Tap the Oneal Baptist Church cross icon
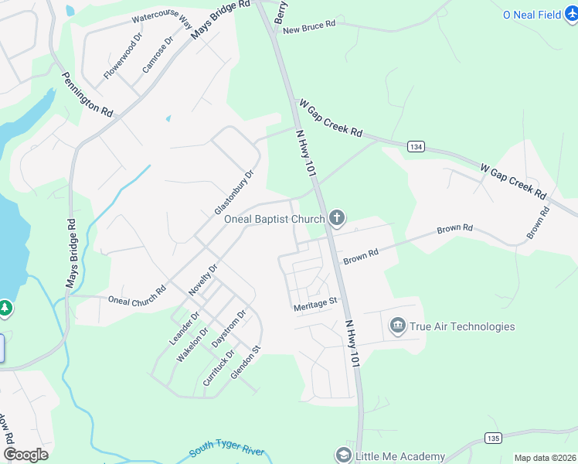tap(336, 219)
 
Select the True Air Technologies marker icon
tap(398, 326)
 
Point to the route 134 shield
tap(416, 146)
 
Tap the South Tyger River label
tap(227, 452)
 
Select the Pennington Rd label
tap(87, 95)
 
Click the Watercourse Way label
tap(161, 19)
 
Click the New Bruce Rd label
tap(309, 26)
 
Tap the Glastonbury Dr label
tap(234, 193)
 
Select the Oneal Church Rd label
tap(137, 296)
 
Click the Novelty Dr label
tap(203, 280)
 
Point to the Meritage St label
tap(315, 307)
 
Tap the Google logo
tap(25, 455)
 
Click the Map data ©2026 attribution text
tap(545, 458)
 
